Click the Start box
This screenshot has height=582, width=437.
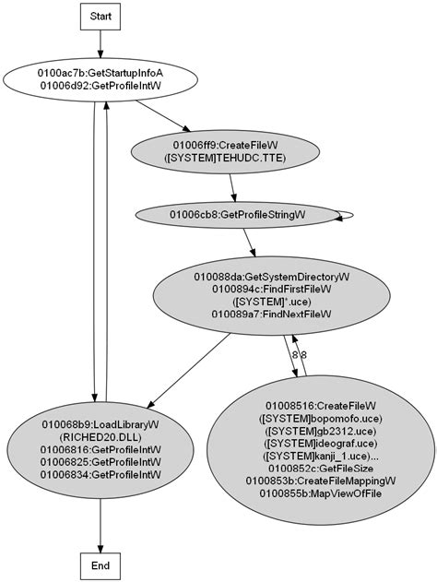point(100,17)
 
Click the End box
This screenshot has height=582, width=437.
point(100,564)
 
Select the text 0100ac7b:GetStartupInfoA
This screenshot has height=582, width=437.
point(100,72)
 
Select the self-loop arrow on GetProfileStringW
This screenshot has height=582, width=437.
point(348,215)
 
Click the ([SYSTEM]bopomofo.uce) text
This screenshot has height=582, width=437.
point(321,418)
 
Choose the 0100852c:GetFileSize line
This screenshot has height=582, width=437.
point(321,469)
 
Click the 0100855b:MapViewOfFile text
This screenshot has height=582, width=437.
point(321,494)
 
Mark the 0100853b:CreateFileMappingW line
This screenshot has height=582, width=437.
point(321,481)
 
